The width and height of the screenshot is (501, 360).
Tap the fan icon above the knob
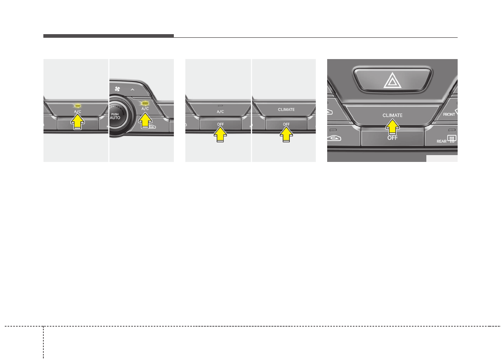pos(117,89)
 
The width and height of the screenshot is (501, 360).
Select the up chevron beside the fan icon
pos(131,89)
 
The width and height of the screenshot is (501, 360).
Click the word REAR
pos(442,141)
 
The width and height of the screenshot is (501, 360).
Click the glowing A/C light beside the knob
pos(145,103)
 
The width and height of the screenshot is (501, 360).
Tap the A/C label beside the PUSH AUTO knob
pos(145,108)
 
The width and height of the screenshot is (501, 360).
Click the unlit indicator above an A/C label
pos(220,105)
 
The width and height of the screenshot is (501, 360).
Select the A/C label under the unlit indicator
pos(220,111)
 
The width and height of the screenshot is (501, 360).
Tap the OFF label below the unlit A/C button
pos(220,124)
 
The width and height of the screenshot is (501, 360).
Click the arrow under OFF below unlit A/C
pos(220,135)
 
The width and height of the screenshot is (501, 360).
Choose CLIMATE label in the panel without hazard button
pos(286,109)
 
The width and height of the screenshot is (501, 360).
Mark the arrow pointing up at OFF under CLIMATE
pos(286,135)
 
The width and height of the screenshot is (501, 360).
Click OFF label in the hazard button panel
pos(392,138)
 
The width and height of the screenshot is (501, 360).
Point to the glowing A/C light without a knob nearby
pos(77,105)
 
